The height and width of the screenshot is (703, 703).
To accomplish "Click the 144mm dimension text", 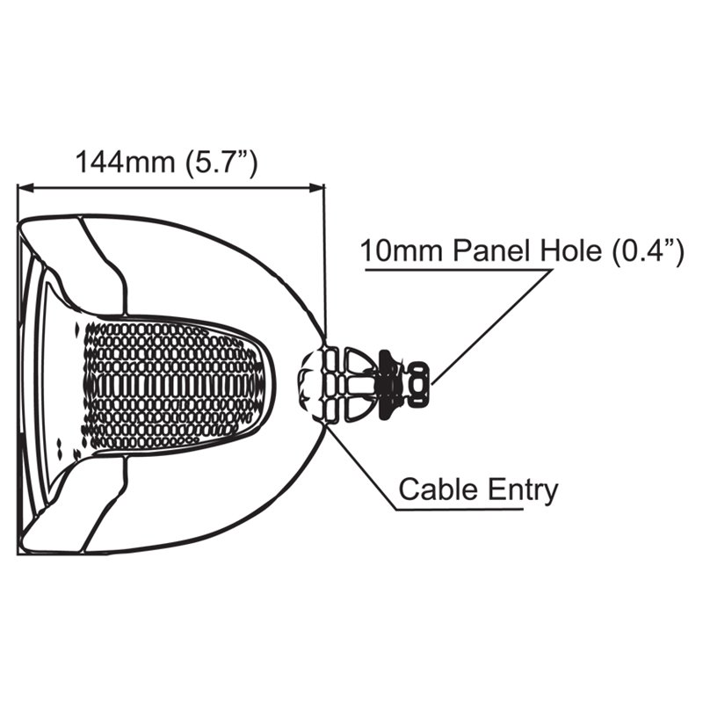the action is point(125,162).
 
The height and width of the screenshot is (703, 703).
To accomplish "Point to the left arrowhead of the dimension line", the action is point(25,188).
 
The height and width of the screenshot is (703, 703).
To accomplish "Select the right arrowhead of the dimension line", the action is point(316,188).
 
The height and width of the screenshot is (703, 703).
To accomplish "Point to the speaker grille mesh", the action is point(174,386).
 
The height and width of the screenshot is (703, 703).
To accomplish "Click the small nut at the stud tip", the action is point(419,385).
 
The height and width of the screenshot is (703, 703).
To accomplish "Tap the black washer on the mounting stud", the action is point(389,385).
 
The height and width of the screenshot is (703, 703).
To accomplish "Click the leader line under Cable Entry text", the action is point(460,510).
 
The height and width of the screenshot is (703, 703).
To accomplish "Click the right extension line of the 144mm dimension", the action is point(324,259).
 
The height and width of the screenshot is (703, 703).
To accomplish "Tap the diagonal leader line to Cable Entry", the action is point(362,467).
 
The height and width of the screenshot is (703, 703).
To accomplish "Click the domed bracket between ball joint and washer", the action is point(358,385).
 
